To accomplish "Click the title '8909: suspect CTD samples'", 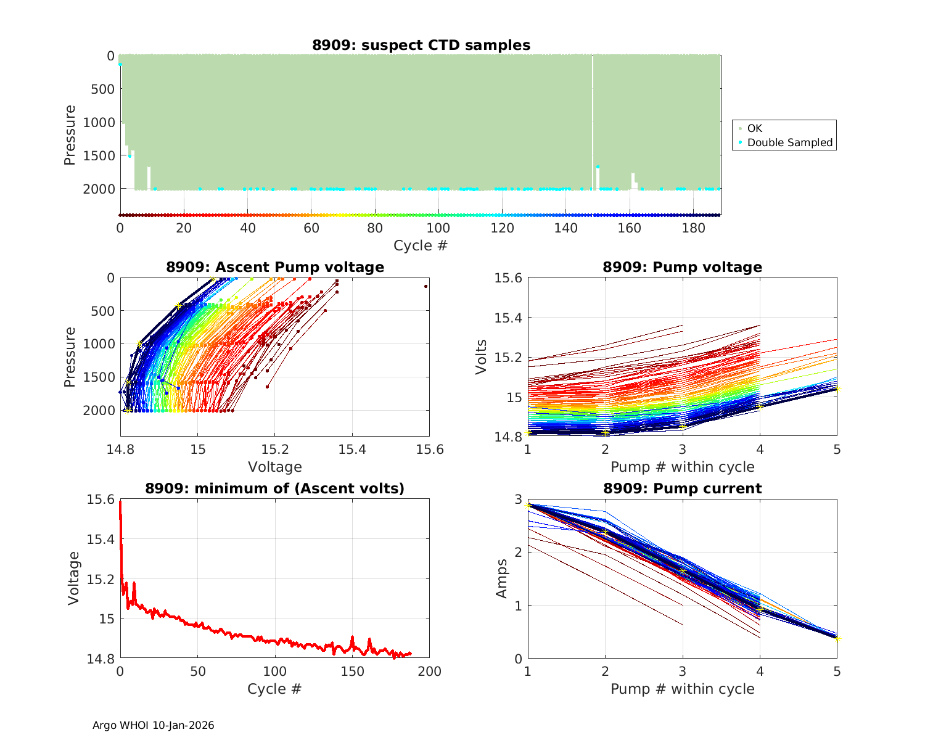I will click(x=421, y=45).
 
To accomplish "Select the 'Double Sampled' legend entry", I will click(x=789, y=142).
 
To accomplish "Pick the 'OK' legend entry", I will click(x=754, y=128).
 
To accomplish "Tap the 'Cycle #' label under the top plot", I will click(x=421, y=245).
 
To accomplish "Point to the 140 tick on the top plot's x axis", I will click(x=566, y=228).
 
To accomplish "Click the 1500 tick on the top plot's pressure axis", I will click(x=99, y=155).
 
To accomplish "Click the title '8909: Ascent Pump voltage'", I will click(x=275, y=267).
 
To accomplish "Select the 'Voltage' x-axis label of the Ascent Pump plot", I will click(x=275, y=467).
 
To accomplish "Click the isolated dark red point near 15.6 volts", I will click(x=425, y=286).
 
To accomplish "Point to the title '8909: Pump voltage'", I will click(x=683, y=267).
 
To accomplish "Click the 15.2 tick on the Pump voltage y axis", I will click(x=509, y=358).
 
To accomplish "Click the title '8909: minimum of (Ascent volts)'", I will click(x=275, y=488).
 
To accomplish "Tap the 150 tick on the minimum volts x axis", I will click(x=352, y=671).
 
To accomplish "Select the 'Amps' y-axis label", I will click(x=503, y=578).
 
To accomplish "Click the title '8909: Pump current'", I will click(x=683, y=488).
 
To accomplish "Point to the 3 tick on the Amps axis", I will click(x=518, y=499).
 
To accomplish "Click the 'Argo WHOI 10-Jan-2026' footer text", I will click(x=154, y=725).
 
